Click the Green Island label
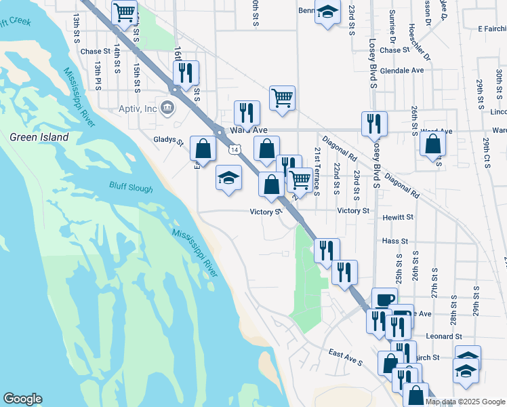[x=39, y=137]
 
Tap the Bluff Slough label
[x=131, y=187]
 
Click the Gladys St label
[x=169, y=142]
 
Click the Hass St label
[x=394, y=241]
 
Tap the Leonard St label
[x=444, y=336]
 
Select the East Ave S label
[x=346, y=357]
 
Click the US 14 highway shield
[x=234, y=149]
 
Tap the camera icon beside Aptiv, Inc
[x=166, y=106]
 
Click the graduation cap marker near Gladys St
[x=229, y=178]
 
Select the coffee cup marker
[x=384, y=299]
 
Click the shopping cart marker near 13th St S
[x=124, y=12]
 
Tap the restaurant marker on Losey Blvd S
[x=374, y=123]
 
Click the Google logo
[x=22, y=399]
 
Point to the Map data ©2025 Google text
[x=464, y=402]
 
